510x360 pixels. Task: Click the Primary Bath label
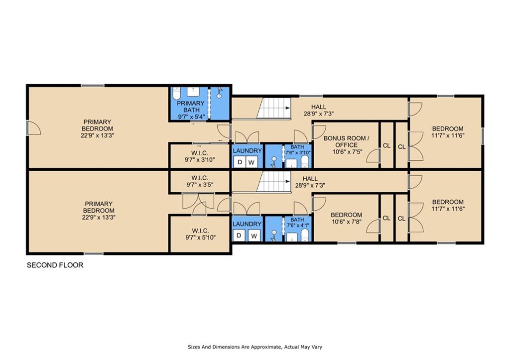[190, 110]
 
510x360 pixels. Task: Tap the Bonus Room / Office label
[347, 145]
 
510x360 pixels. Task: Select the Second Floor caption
[55, 265]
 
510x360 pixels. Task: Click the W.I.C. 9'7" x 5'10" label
[200, 234]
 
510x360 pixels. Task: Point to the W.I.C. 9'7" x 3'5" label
[200, 181]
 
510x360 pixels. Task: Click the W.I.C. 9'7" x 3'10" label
[200, 156]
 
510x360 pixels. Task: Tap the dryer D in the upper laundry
[240, 162]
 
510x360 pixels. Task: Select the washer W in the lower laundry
[254, 236]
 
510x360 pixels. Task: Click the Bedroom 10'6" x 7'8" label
[347, 218]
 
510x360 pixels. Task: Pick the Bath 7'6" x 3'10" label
[297, 150]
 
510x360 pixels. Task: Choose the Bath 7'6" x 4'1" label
[297, 223]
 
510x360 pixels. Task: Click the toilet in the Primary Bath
[176, 93]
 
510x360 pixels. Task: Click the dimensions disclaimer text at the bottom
[255, 347]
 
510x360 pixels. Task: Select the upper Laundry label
[247, 151]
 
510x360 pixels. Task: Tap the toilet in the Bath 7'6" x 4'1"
[305, 235]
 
